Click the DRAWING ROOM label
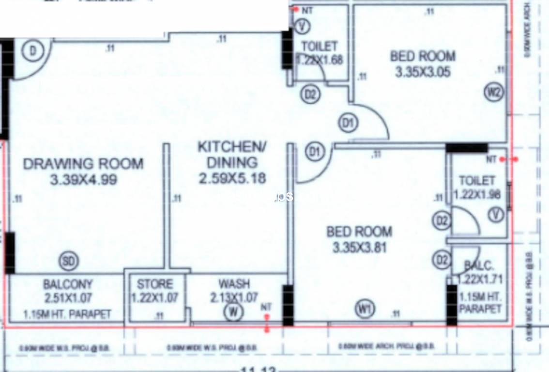point(83,164)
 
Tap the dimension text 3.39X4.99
point(83,180)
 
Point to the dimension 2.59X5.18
point(232,178)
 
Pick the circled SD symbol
point(68,262)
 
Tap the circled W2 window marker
point(493,93)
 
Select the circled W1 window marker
point(365,308)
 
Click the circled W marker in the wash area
point(233,312)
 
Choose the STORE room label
point(154,284)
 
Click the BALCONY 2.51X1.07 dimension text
point(68,298)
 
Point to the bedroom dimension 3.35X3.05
point(423,72)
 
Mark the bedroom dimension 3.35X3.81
point(359,248)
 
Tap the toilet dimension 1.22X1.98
point(477,194)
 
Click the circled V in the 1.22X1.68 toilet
point(303,26)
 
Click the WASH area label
point(234,283)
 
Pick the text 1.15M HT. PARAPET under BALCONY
point(67,314)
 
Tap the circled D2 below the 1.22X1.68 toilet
point(310,94)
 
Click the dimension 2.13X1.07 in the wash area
point(234,297)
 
